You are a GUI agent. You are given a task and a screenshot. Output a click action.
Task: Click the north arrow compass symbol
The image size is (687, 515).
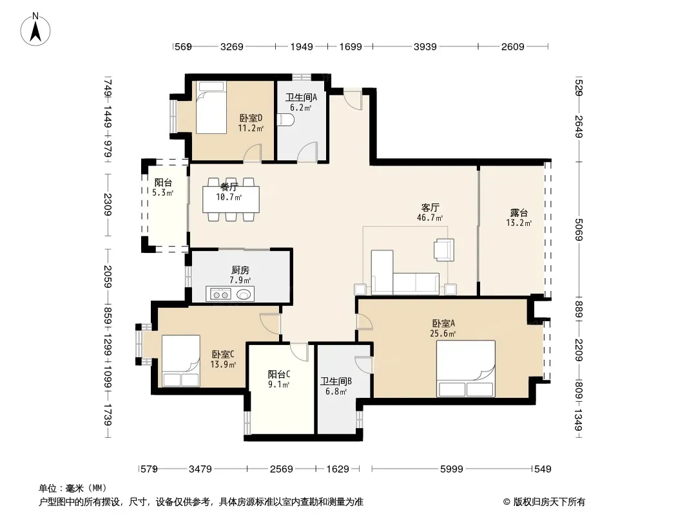[x=35, y=30]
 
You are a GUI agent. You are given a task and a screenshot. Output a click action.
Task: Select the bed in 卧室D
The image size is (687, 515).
[x=211, y=108]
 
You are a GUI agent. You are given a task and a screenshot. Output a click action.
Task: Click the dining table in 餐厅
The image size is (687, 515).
[x=231, y=200]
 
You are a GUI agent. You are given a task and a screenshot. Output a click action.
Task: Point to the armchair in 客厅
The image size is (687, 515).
[x=444, y=250]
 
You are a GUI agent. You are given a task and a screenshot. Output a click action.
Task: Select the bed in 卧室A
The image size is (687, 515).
[x=466, y=368]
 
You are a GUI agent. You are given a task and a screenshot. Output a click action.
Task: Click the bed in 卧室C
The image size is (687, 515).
[x=181, y=361]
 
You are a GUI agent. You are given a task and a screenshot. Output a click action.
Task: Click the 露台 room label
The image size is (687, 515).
[x=519, y=213]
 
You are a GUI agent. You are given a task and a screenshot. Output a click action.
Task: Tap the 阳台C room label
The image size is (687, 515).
[x=279, y=375]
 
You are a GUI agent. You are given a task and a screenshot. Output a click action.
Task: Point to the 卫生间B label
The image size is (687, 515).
[x=336, y=382]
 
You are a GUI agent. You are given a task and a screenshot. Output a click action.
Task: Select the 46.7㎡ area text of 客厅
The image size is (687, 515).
[x=430, y=218]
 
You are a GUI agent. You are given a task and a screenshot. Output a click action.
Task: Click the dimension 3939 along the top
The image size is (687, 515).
[x=425, y=47]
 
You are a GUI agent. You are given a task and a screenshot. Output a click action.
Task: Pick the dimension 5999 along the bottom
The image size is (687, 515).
[x=451, y=469]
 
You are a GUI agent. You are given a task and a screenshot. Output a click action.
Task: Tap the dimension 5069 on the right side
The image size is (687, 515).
[x=579, y=229]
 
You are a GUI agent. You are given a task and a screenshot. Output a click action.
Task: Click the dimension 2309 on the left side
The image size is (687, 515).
[x=108, y=204]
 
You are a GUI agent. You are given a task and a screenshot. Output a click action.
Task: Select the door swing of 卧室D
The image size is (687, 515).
[x=253, y=153]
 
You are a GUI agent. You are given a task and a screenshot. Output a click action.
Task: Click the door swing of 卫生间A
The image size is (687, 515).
[x=307, y=152]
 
